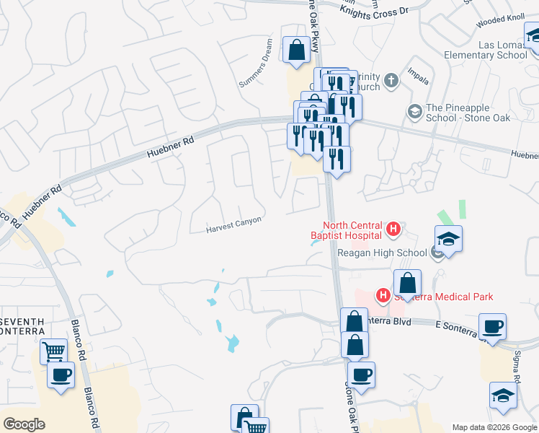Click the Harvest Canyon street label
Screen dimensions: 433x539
point(233,225)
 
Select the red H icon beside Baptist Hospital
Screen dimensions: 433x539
point(393,230)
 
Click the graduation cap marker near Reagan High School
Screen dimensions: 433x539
point(448,239)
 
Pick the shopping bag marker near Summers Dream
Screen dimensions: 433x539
point(296,50)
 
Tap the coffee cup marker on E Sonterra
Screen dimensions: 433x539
point(493,326)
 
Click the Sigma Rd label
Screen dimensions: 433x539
point(517,369)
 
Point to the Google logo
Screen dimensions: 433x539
point(24,424)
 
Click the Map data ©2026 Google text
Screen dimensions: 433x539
point(494,427)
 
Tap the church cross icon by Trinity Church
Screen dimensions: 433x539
point(391,80)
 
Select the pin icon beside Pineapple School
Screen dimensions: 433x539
point(414,111)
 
